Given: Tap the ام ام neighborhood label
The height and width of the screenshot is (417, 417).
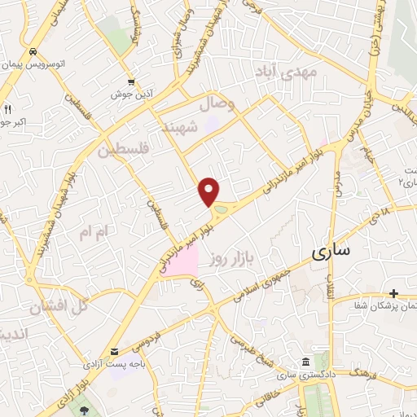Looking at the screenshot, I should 92,232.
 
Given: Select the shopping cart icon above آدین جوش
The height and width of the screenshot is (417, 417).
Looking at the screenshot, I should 131,81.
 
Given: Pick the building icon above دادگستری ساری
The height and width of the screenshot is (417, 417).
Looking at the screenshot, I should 305,362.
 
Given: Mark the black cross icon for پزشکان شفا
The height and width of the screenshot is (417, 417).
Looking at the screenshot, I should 393,293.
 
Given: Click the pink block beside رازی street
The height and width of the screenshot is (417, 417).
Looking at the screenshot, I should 181,261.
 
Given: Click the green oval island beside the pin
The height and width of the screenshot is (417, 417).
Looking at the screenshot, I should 220,213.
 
